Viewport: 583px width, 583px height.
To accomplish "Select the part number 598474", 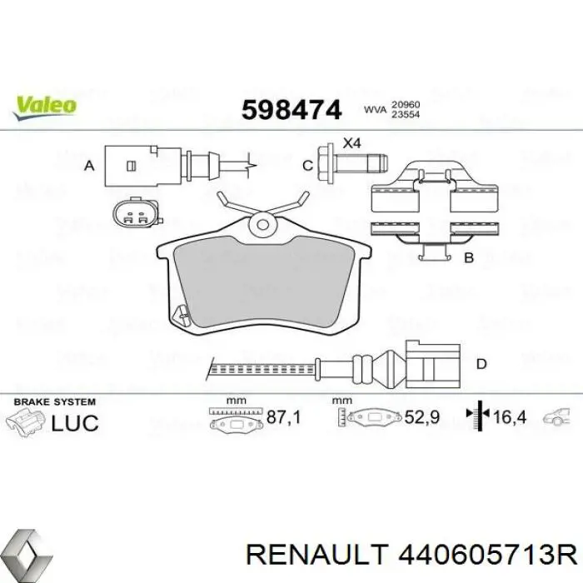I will (x=291, y=109).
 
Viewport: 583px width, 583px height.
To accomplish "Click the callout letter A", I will (x=89, y=166).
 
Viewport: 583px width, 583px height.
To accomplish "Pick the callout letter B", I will (x=469, y=258).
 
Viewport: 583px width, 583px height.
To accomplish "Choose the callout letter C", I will (x=307, y=166).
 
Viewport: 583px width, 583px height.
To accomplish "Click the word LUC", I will (x=75, y=422).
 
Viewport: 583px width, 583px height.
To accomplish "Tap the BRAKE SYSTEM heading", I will (x=57, y=401).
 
